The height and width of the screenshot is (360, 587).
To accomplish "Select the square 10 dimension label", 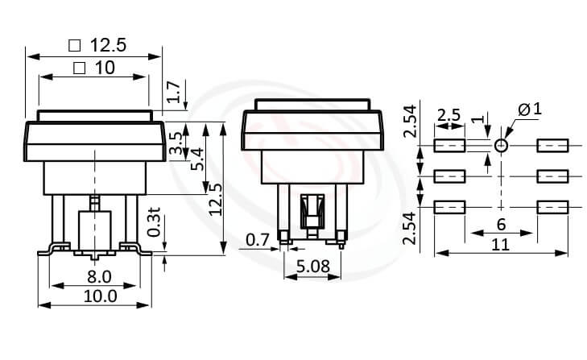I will pos(93,68).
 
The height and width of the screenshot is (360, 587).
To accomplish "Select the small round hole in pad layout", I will pos(501,146).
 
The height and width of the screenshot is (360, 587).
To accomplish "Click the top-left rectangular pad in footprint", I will pos(449,146).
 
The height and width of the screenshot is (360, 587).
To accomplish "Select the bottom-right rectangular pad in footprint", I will pos(552,207).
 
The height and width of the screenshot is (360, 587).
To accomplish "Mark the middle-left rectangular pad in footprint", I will pos(449,176).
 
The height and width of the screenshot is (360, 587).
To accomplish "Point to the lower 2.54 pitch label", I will pos(409,228).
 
